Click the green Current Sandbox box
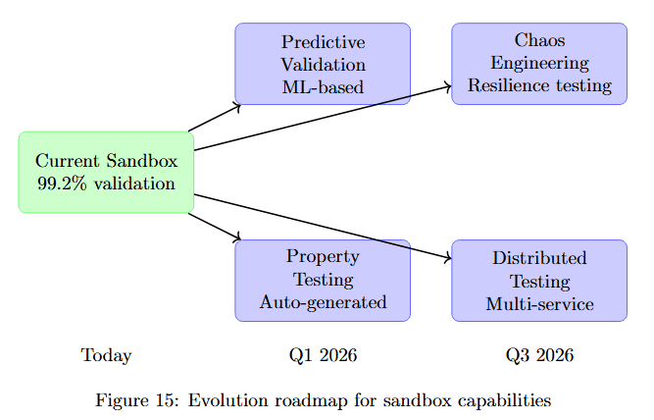pyautogui.click(x=106, y=172)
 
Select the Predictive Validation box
pyautogui.click(x=323, y=64)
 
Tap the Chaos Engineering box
pyautogui.click(x=539, y=64)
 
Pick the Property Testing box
pyautogui.click(x=323, y=280)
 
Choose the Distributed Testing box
pyautogui.click(x=539, y=280)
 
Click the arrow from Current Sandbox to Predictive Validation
pyautogui.click(x=214, y=117)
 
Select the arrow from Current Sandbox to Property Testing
pyautogui.click(x=214, y=226)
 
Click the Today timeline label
pyautogui.click(x=106, y=355)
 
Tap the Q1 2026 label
pyautogui.click(x=323, y=355)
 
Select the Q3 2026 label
pyautogui.click(x=539, y=355)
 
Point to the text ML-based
pyautogui.click(x=323, y=86)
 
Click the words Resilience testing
pyautogui.click(x=539, y=86)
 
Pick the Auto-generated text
pyautogui.click(x=323, y=302)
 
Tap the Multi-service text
pyautogui.click(x=539, y=304)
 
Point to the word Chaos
pyautogui.click(x=539, y=40)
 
